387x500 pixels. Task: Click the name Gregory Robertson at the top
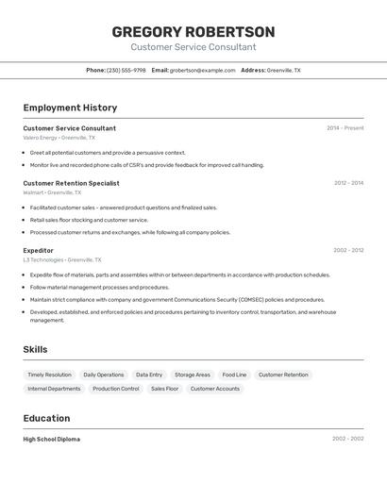pyautogui.click(x=193, y=31)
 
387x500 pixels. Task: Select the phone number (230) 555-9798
pyautogui.click(x=126, y=70)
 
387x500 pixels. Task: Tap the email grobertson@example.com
pyautogui.click(x=202, y=70)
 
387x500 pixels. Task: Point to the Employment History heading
pyautogui.click(x=70, y=108)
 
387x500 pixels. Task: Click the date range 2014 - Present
pyautogui.click(x=345, y=128)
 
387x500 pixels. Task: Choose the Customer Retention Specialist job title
pyautogui.click(x=71, y=183)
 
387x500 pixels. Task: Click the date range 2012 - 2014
pyautogui.click(x=348, y=183)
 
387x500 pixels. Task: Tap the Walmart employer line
pyautogui.click(x=52, y=192)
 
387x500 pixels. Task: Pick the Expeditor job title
pyautogui.click(x=38, y=251)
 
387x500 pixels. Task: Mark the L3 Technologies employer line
pyautogui.click(x=62, y=259)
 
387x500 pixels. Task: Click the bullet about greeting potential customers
pyautogui.click(x=108, y=152)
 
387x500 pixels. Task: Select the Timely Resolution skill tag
pyautogui.click(x=49, y=375)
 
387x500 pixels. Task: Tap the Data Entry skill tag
pyautogui.click(x=149, y=375)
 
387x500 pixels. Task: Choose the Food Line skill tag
pyautogui.click(x=234, y=375)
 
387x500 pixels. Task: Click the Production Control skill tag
pyautogui.click(x=116, y=389)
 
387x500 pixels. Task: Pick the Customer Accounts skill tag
pyautogui.click(x=215, y=389)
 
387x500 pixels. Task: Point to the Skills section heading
pyautogui.click(x=35, y=349)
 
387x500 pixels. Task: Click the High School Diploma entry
pyautogui.click(x=52, y=439)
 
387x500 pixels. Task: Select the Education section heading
pyautogui.click(x=46, y=418)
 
